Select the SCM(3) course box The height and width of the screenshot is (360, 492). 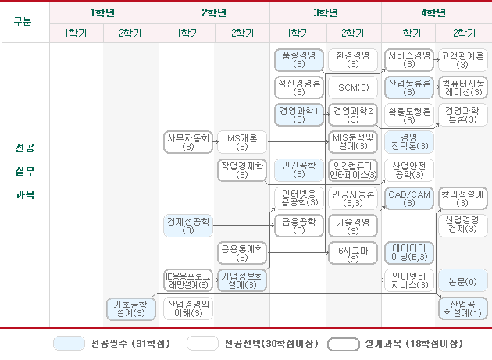(353, 86)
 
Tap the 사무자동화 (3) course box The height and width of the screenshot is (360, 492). (187, 141)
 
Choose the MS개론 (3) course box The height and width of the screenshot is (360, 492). (242, 141)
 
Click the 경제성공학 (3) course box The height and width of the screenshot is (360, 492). (187, 226)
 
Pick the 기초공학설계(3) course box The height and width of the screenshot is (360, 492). (130, 308)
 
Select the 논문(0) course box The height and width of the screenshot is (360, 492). (463, 280)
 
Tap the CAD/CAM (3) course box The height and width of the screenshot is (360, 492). (408, 198)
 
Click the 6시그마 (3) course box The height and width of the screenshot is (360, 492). (353, 253)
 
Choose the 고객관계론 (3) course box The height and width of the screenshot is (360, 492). (463, 59)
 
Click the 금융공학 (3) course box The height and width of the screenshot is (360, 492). (298, 226)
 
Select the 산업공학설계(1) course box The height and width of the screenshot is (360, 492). (463, 308)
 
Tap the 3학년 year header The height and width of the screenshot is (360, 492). (326, 12)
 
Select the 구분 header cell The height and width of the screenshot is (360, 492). (23, 21)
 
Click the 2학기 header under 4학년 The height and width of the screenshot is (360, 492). (463, 32)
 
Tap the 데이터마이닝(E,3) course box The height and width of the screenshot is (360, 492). (408, 253)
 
